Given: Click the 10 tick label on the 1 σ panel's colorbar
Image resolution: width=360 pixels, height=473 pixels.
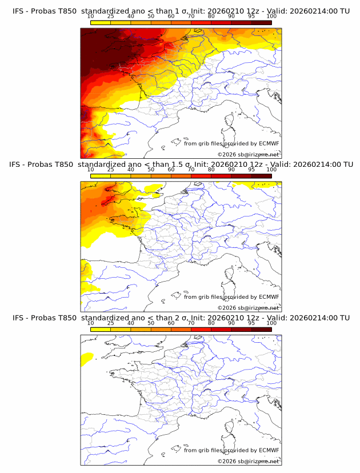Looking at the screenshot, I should coord(91,17).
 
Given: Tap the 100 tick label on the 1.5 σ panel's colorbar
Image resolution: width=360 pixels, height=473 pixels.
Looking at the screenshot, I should coord(271,170).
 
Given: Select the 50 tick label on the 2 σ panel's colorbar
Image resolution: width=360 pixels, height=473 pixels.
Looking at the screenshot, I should coord(151,323).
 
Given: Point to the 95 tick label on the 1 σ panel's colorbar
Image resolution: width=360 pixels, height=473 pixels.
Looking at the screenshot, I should coord(251,17).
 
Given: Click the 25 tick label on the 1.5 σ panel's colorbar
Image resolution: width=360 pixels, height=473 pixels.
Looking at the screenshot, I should coord(110,170).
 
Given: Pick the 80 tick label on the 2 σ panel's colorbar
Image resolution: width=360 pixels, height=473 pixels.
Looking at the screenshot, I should coord(211,323).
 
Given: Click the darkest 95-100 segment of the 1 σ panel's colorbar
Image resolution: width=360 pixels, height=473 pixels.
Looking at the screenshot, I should coord(261,22).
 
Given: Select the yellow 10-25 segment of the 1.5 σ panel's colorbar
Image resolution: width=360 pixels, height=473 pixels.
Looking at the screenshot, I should coord(101,175).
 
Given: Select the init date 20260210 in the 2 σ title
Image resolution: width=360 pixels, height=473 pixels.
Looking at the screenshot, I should coord(225,318).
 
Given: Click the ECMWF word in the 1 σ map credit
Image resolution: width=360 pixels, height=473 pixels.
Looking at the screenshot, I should coord(269,143).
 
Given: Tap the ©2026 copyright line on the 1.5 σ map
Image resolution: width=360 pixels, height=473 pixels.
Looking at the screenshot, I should coord(249,307).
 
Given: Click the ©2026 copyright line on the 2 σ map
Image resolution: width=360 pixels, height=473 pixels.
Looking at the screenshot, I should coord(249,460).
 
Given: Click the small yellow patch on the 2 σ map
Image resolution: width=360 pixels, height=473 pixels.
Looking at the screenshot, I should coord(87,358).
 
